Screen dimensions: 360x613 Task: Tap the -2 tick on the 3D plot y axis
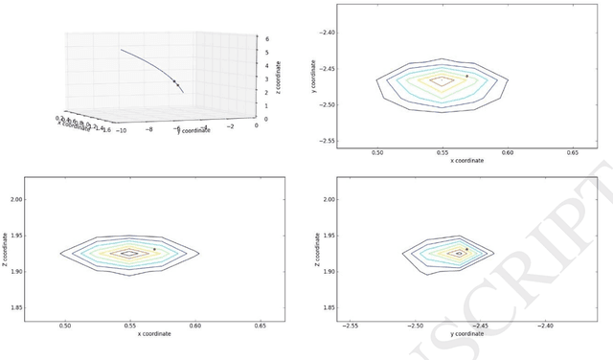coord(230,125)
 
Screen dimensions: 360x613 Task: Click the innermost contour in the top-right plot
coord(443,81)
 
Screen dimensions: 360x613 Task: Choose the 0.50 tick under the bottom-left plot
coord(65,326)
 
